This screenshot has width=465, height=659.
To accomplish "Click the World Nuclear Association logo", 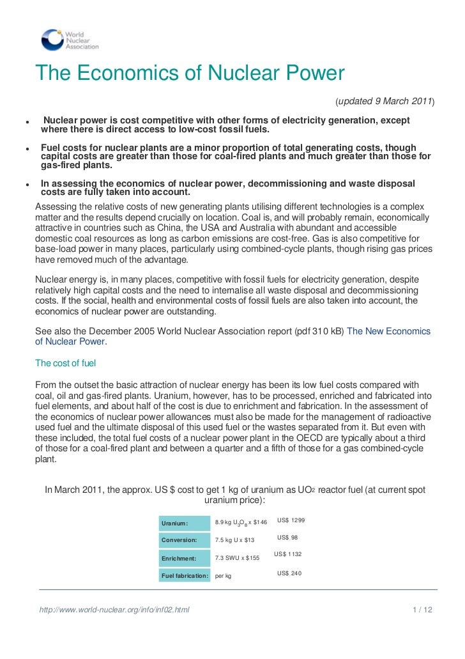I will click(x=70, y=40).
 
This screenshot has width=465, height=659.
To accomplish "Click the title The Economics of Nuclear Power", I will click(x=190, y=74).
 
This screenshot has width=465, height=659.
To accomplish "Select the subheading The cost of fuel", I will click(x=65, y=363).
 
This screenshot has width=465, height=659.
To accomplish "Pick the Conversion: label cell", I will click(x=184, y=540).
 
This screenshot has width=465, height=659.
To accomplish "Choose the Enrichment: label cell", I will click(x=184, y=558).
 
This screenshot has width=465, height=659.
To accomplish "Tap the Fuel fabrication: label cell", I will click(x=184, y=576).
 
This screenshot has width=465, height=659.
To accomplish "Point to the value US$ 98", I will click(x=287, y=538).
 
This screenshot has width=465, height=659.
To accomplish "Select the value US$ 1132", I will click(x=287, y=554).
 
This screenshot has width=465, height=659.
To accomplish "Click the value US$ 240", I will click(x=289, y=573).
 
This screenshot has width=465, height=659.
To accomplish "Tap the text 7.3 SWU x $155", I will click(x=237, y=558).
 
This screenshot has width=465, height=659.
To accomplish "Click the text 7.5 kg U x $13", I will click(x=234, y=540).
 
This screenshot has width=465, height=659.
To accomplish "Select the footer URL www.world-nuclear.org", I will click(x=114, y=610).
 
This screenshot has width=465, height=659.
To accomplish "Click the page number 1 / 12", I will click(x=422, y=610).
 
